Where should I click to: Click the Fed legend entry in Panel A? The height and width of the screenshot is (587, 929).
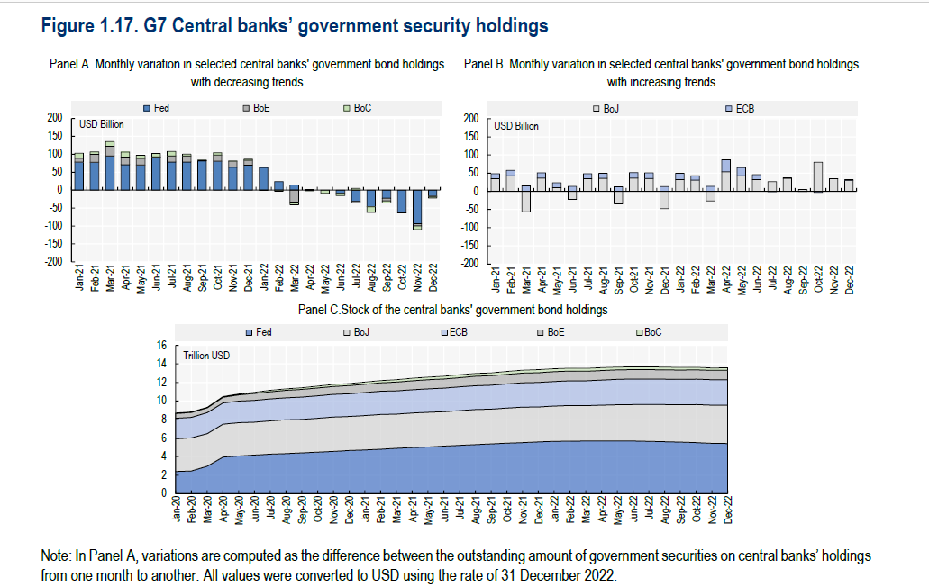(158, 108)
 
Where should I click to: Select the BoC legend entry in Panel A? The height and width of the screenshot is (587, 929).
(358, 108)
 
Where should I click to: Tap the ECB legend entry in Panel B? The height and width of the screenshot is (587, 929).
(741, 108)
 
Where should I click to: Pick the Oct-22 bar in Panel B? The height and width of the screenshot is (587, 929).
(817, 176)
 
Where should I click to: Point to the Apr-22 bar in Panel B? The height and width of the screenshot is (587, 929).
(725, 175)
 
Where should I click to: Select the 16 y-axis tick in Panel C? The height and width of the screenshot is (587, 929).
(162, 345)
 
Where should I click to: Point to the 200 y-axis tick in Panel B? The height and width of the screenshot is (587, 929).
(469, 119)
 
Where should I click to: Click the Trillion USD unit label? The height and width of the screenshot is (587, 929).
(206, 356)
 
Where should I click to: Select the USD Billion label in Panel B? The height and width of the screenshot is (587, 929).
(515, 126)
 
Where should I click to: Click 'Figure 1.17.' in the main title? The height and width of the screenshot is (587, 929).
(90, 27)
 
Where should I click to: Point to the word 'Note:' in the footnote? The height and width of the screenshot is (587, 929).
(58, 557)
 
